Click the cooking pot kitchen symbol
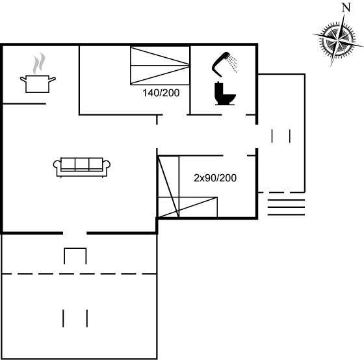pyautogui.click(x=38, y=84)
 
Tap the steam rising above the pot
pyautogui.click(x=39, y=63)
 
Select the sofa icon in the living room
pyautogui.click(x=82, y=168)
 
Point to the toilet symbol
pyautogui.click(x=224, y=94)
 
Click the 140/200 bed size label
pyautogui.click(x=161, y=93)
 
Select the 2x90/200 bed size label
pyautogui.click(x=215, y=178)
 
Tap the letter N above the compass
pyautogui.click(x=346, y=8)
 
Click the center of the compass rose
pyautogui.click(x=338, y=40)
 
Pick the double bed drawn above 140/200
pyautogui.click(x=160, y=66)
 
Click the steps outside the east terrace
pyautogui.click(x=286, y=207)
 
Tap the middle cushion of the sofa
pyautogui.click(x=82, y=164)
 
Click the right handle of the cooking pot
pyautogui.click(x=52, y=79)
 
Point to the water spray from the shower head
pyautogui.click(x=232, y=63)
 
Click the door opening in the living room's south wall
pyautogui.click(x=75, y=233)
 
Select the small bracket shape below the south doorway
pyautogui.click(x=75, y=249)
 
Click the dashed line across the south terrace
pyautogui.click(x=79, y=274)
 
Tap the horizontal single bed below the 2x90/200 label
pyautogui.click(x=188, y=207)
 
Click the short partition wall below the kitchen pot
pyautogui.click(x=24, y=104)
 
